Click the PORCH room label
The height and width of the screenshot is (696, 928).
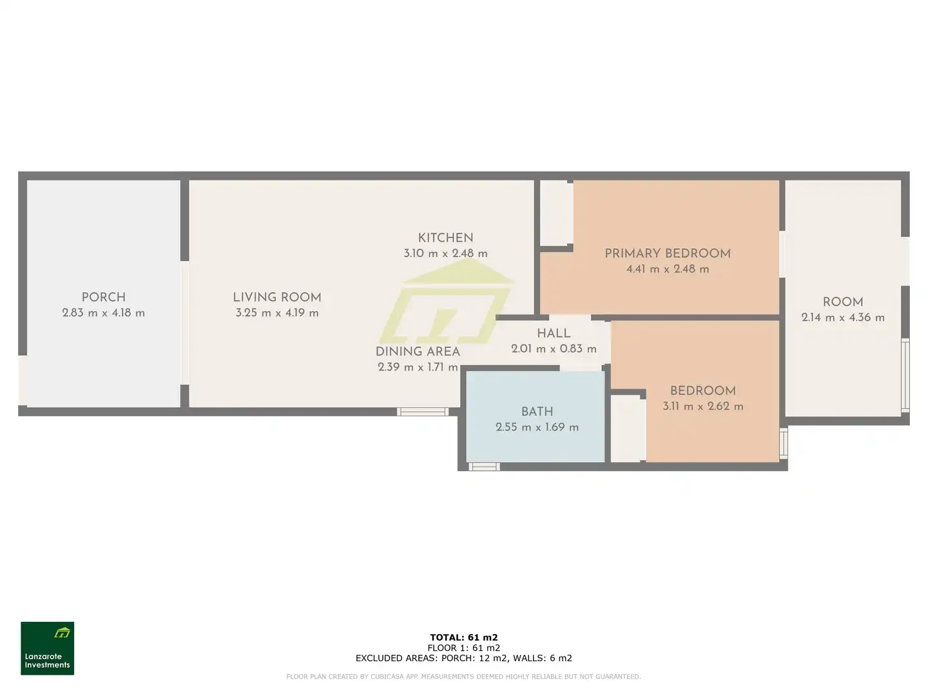(x=104, y=297)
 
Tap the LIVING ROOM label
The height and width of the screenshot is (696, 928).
(x=277, y=297)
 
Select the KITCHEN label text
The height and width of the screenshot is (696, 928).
(x=445, y=238)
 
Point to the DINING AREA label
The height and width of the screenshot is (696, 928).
(x=418, y=351)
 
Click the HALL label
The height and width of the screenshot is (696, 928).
(x=554, y=333)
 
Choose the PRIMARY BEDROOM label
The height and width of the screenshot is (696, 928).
(x=668, y=253)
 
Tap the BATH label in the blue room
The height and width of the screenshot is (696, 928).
(x=537, y=411)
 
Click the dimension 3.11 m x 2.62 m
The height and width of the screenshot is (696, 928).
(x=702, y=406)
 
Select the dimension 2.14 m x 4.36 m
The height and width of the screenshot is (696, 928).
(x=842, y=317)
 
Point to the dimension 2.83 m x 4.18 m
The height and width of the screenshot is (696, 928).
(x=104, y=313)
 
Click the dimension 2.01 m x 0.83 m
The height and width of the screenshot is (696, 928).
(x=554, y=349)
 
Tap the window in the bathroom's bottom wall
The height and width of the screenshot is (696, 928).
(x=484, y=467)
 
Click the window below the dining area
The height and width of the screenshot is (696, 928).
(x=422, y=412)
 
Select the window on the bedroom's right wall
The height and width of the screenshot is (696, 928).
(x=784, y=443)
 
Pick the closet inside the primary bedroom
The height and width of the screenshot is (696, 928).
(x=556, y=213)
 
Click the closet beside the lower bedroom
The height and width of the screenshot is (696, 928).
(x=628, y=429)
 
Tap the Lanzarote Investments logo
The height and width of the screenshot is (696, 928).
(x=47, y=648)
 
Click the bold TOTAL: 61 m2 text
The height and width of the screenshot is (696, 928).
(x=464, y=637)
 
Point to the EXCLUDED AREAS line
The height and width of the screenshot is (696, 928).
(x=464, y=658)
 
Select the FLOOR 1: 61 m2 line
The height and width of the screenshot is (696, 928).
(x=464, y=648)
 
